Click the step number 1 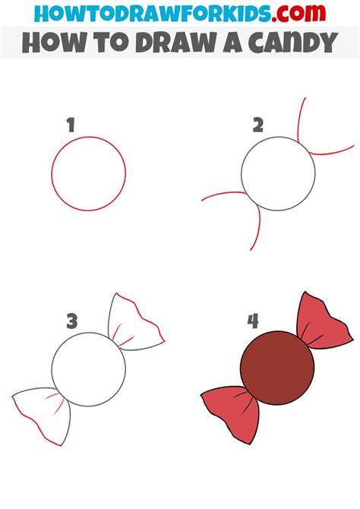coord(71,125)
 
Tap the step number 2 coord(258,125)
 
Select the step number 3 coord(72,321)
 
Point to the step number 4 coord(253,321)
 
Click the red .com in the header coord(299,14)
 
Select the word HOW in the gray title coord(50,43)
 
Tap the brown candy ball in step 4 coord(277,368)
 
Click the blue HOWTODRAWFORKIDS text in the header coord(153,14)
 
